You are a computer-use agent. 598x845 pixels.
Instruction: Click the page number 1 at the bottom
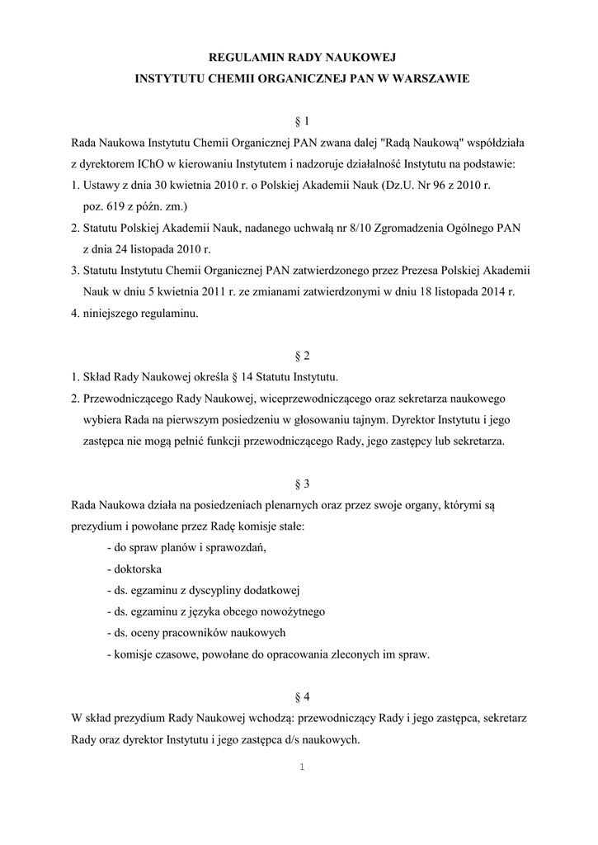(x=302, y=767)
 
